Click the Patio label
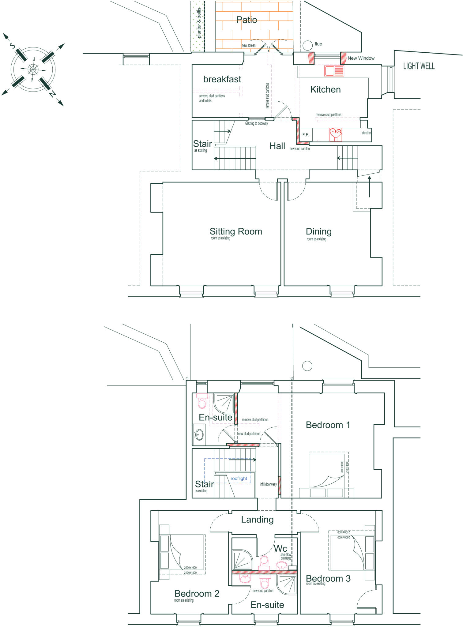coord(247,20)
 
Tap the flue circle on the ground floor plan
coord(307,46)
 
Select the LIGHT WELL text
coord(419,66)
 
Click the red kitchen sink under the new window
coord(334,71)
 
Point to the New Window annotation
coord(361,58)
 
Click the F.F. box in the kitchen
coord(306,135)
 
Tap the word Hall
coord(277,146)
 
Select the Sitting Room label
coord(235,231)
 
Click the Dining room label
coord(318,231)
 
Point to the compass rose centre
coord(33,69)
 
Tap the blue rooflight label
coord(239,478)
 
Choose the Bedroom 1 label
coord(328,425)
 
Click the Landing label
coord(257,520)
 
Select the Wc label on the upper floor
coord(280,548)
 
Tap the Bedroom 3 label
coord(328,579)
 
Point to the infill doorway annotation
coord(268,484)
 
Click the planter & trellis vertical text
coord(199,23)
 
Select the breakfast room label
coord(222,79)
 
